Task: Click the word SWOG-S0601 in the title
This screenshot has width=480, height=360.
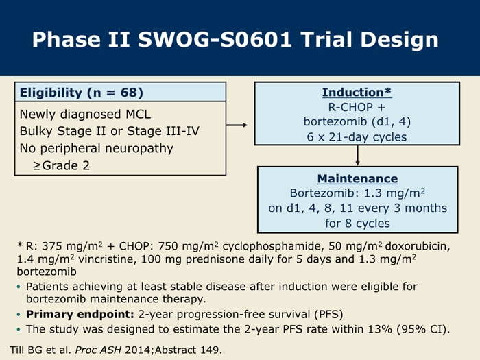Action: (x=214, y=40)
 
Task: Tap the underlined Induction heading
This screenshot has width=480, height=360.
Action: (x=357, y=93)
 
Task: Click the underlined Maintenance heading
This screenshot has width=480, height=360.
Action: (x=357, y=179)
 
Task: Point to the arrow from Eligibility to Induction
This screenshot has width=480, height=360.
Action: (x=237, y=125)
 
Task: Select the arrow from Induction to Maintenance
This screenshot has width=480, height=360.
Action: (x=357, y=156)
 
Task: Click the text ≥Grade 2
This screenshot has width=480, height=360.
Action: (x=61, y=166)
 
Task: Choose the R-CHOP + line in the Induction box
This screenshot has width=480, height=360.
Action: (x=357, y=107)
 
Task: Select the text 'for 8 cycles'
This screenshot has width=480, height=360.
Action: (x=357, y=224)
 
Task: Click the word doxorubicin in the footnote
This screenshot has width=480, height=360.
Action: (x=417, y=246)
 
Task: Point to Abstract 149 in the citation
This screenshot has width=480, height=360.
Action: (x=188, y=350)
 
